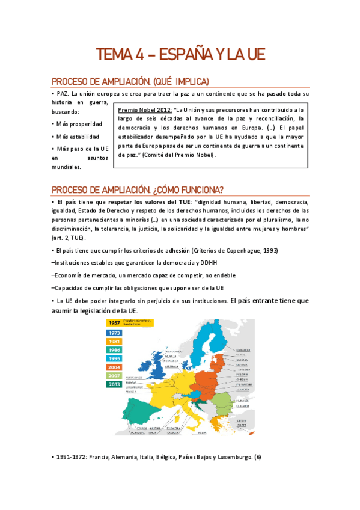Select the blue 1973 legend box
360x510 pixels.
114,333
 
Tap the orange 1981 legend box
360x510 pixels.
114,342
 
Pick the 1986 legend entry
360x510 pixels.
114,350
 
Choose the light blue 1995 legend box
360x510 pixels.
114,358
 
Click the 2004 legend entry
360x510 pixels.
114,367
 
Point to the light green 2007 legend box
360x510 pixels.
114,376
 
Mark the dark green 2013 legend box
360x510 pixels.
114,385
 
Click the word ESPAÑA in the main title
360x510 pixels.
181,55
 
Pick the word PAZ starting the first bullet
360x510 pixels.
62,94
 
